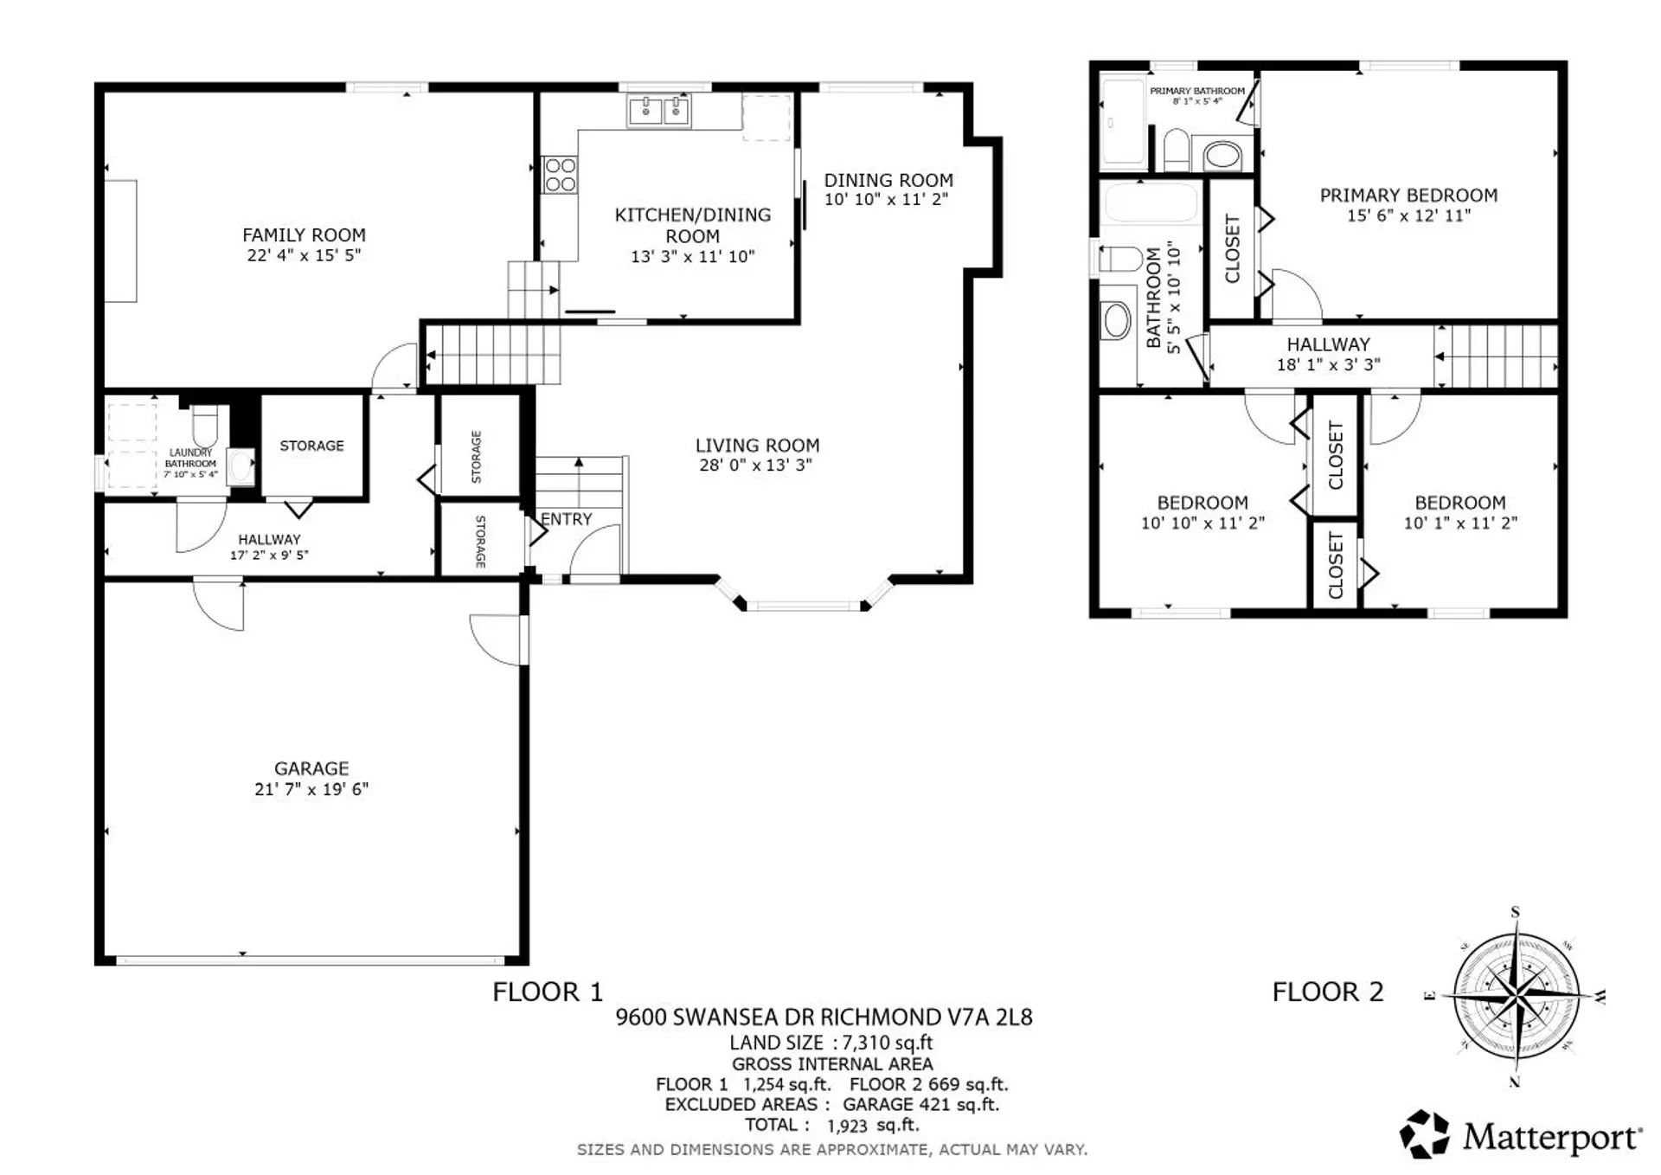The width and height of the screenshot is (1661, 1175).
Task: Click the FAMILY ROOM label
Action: (304, 234)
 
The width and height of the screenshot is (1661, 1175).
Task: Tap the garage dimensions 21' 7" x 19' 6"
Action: (311, 789)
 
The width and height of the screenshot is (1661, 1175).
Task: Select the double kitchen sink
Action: (658, 111)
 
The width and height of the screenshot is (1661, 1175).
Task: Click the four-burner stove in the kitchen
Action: (560, 175)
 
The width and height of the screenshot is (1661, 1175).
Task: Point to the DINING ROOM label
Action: (888, 180)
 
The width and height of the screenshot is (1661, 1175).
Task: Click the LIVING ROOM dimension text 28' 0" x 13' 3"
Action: (755, 466)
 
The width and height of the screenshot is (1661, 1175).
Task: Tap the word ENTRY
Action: (567, 519)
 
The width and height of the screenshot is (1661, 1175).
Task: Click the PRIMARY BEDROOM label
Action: (1408, 196)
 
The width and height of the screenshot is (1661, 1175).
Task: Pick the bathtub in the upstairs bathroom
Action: (1150, 202)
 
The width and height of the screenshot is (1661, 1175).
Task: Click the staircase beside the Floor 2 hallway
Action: (1497, 356)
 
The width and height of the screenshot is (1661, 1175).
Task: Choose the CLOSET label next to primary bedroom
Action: (1232, 248)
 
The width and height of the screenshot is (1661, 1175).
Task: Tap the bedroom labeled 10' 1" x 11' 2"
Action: (1459, 512)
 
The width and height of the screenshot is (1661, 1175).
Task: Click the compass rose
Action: (1516, 997)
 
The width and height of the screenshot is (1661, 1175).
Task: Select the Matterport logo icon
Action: (1424, 1133)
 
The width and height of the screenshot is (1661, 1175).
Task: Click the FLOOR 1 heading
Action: (547, 992)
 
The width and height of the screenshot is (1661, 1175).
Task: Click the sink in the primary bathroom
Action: (1222, 157)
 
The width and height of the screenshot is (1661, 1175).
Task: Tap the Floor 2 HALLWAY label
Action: (1328, 344)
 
